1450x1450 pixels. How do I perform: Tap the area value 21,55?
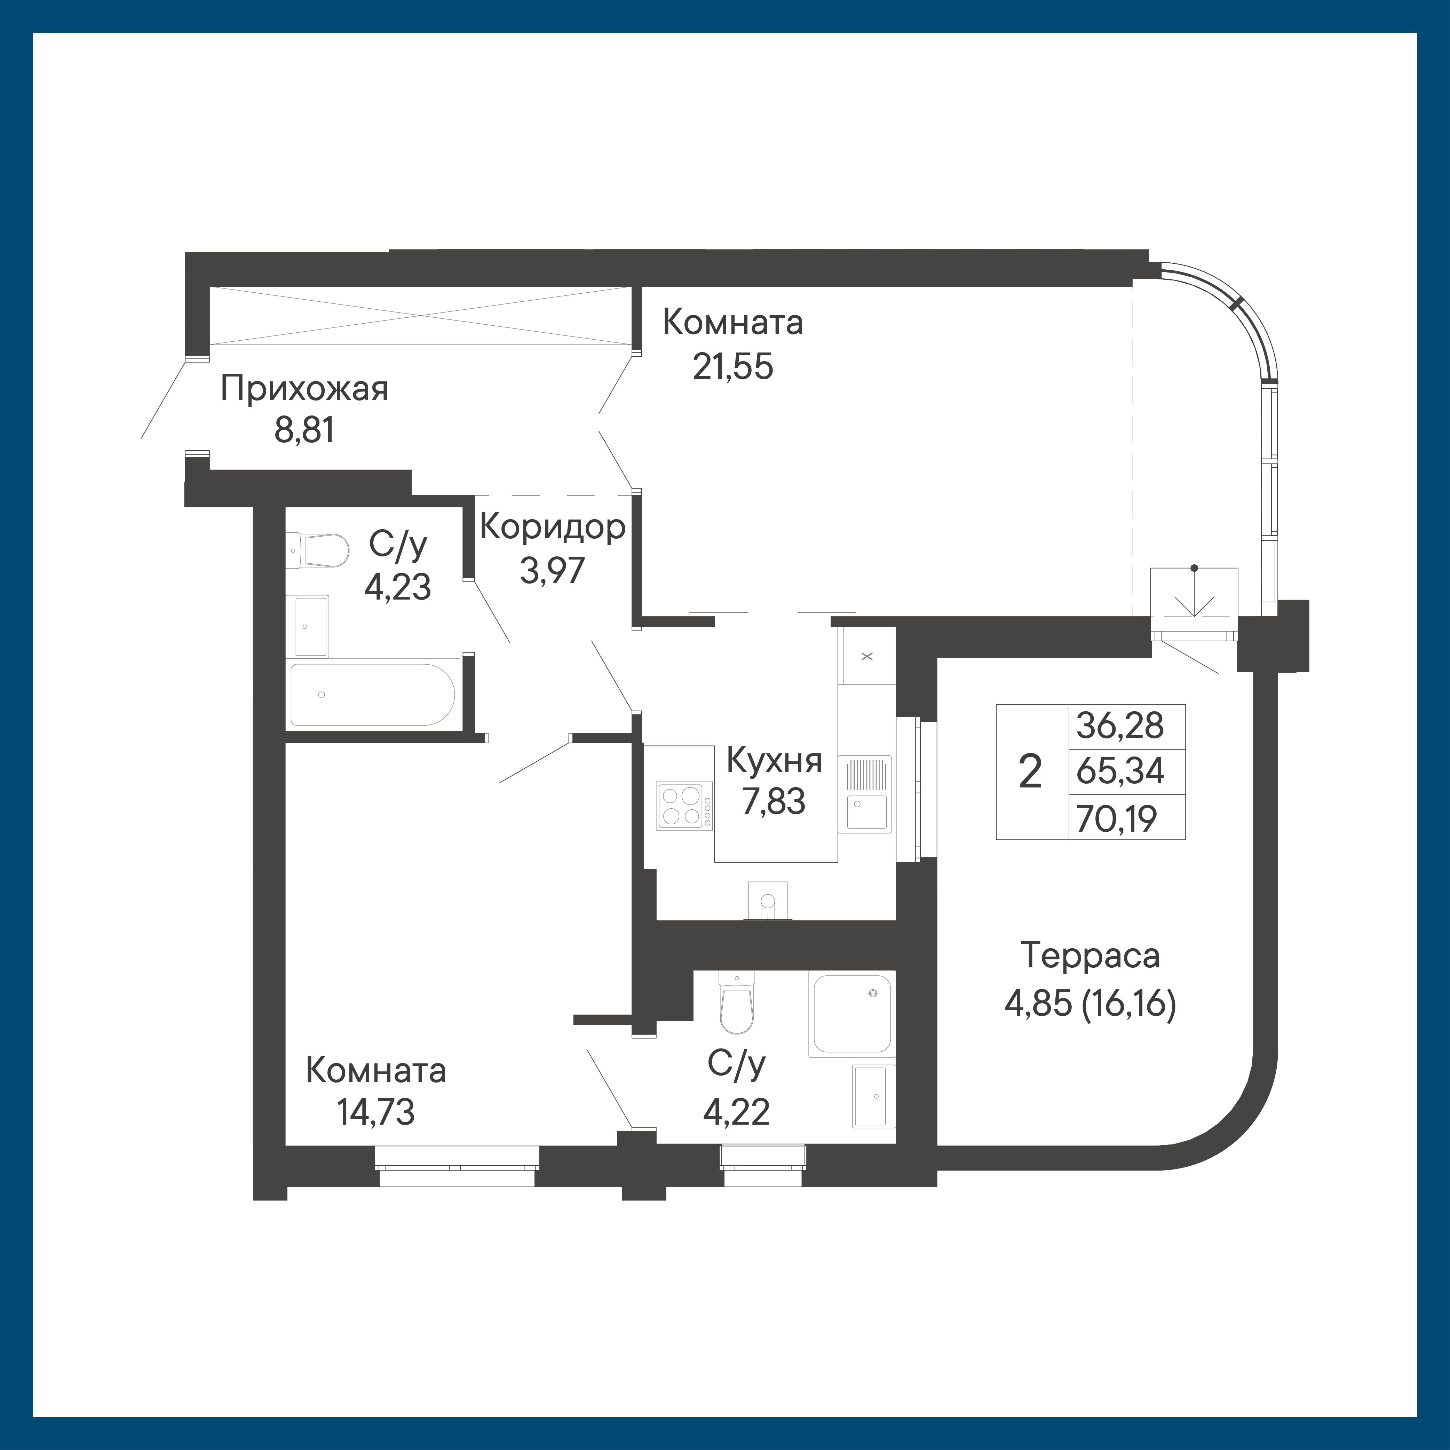(x=732, y=368)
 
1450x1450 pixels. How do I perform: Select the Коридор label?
(x=552, y=528)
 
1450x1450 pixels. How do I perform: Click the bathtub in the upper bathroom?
(x=372, y=694)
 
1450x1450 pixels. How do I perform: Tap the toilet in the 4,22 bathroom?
(x=736, y=1002)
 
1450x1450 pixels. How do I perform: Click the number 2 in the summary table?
(x=1030, y=771)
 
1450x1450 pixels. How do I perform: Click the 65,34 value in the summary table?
(x=1120, y=771)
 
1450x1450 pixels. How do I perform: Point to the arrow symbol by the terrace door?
(x=1194, y=592)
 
